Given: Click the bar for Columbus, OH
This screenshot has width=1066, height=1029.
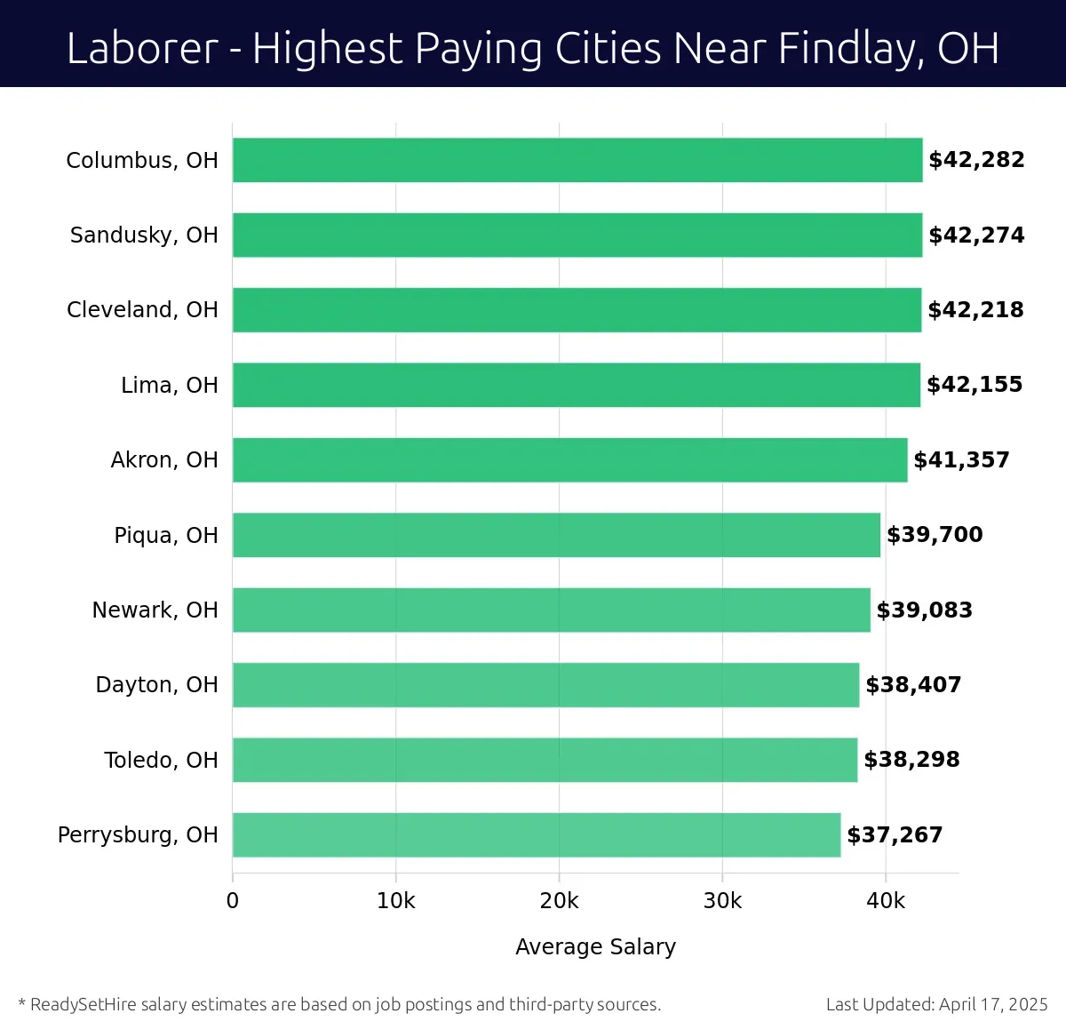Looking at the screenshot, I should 577,160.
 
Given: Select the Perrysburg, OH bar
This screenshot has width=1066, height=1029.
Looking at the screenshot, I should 537,834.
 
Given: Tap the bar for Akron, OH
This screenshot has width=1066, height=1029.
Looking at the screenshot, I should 569,459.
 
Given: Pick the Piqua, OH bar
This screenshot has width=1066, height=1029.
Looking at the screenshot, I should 556,535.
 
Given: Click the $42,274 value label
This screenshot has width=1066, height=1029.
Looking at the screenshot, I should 976,235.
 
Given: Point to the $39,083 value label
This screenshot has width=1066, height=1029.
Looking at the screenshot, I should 924,610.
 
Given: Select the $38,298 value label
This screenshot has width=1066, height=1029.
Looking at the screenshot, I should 911,760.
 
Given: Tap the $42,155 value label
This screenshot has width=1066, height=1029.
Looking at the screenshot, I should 975,385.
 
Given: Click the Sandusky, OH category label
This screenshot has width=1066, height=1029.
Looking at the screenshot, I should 144,235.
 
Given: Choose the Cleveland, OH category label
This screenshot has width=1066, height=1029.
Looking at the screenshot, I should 142,309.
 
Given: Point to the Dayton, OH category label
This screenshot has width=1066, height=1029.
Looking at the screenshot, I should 156,685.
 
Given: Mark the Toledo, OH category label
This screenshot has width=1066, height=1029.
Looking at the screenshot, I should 161,760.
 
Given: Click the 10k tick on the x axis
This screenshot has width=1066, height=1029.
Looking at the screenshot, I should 395,901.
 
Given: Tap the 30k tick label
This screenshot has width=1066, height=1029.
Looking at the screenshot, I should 722,901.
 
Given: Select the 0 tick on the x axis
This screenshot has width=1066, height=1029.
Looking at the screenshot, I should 233,901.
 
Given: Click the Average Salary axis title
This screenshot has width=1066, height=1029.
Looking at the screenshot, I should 595,947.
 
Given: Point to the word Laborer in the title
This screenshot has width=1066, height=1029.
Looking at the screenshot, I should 142,48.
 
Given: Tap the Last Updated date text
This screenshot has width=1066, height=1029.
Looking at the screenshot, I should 936,1004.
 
